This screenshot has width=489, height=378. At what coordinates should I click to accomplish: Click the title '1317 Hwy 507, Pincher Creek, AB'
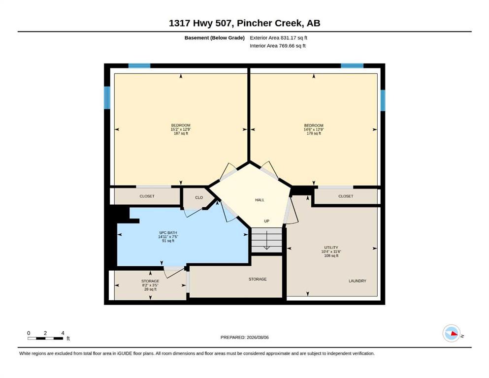click(x=244, y=23)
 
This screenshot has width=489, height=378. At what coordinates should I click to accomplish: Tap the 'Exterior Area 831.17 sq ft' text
click(x=279, y=38)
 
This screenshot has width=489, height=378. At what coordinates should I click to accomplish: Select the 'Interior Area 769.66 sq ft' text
click(x=278, y=46)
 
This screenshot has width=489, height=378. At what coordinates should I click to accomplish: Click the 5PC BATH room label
click(x=168, y=233)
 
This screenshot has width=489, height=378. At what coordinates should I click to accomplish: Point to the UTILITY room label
click(x=331, y=248)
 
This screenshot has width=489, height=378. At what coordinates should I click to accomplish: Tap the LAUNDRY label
click(x=358, y=281)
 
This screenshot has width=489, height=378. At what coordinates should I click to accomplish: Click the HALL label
click(x=260, y=200)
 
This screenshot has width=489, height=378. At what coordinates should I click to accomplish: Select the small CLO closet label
click(x=199, y=197)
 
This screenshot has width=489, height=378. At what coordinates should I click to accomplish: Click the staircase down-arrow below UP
click(x=267, y=240)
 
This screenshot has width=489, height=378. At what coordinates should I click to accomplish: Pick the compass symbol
click(x=452, y=333)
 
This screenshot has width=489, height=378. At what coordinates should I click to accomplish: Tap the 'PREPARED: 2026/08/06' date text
click(x=244, y=337)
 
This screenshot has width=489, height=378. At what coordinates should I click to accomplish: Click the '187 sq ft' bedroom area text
click(x=181, y=133)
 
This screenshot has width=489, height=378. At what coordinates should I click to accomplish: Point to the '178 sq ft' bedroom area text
click(x=314, y=133)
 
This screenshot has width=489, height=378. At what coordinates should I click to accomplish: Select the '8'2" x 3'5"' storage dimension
click(x=150, y=285)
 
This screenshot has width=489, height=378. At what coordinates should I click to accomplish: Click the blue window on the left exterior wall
click(x=107, y=97)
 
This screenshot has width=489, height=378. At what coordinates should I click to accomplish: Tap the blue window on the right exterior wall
click(x=383, y=100)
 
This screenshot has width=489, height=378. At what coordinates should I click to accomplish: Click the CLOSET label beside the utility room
click(x=346, y=196)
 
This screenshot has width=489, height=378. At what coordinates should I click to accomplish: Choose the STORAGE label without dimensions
click(x=258, y=279)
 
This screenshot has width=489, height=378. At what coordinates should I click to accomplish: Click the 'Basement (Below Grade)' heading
click(x=215, y=38)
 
